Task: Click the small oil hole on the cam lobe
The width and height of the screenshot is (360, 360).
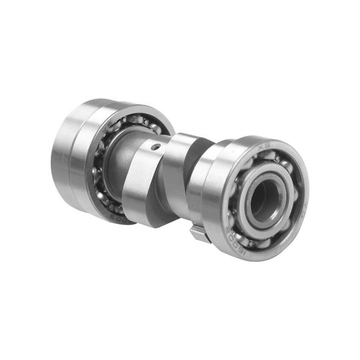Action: (x=155, y=147)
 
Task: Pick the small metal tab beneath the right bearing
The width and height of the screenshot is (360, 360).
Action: (x=199, y=233)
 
